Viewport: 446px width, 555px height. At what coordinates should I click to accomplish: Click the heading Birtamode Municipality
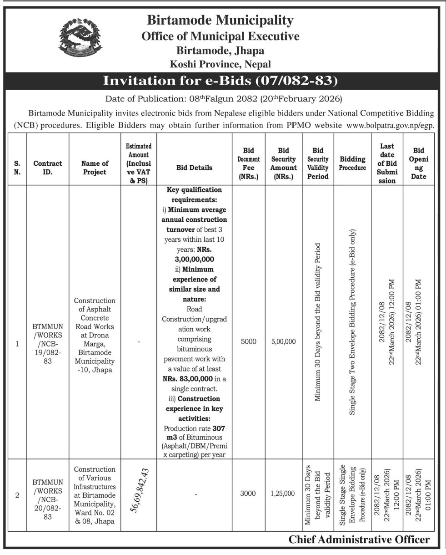click(220, 20)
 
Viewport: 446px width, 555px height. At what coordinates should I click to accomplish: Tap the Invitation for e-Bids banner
click(220, 81)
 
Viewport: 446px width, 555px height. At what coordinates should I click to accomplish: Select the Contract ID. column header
click(48, 168)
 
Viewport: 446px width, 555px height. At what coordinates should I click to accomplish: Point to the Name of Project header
click(95, 168)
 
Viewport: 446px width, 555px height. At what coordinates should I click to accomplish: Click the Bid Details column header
click(194, 168)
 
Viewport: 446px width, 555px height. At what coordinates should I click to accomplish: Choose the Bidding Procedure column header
click(352, 163)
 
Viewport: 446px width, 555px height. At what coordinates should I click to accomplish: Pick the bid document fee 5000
click(249, 341)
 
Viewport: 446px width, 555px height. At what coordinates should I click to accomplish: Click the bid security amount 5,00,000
click(283, 341)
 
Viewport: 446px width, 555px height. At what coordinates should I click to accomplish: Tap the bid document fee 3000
click(249, 494)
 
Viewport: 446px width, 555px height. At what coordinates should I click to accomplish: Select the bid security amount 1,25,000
click(283, 494)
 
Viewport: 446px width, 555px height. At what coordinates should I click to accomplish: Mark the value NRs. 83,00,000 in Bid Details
click(185, 378)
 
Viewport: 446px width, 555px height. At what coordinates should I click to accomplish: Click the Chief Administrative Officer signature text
click(359, 540)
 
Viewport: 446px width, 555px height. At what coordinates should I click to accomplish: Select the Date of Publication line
click(223, 98)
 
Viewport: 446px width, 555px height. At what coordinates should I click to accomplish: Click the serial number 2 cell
click(17, 495)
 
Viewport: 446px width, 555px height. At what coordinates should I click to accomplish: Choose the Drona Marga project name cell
click(95, 336)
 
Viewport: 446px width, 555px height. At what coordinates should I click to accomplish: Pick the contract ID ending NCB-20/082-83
click(48, 494)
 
